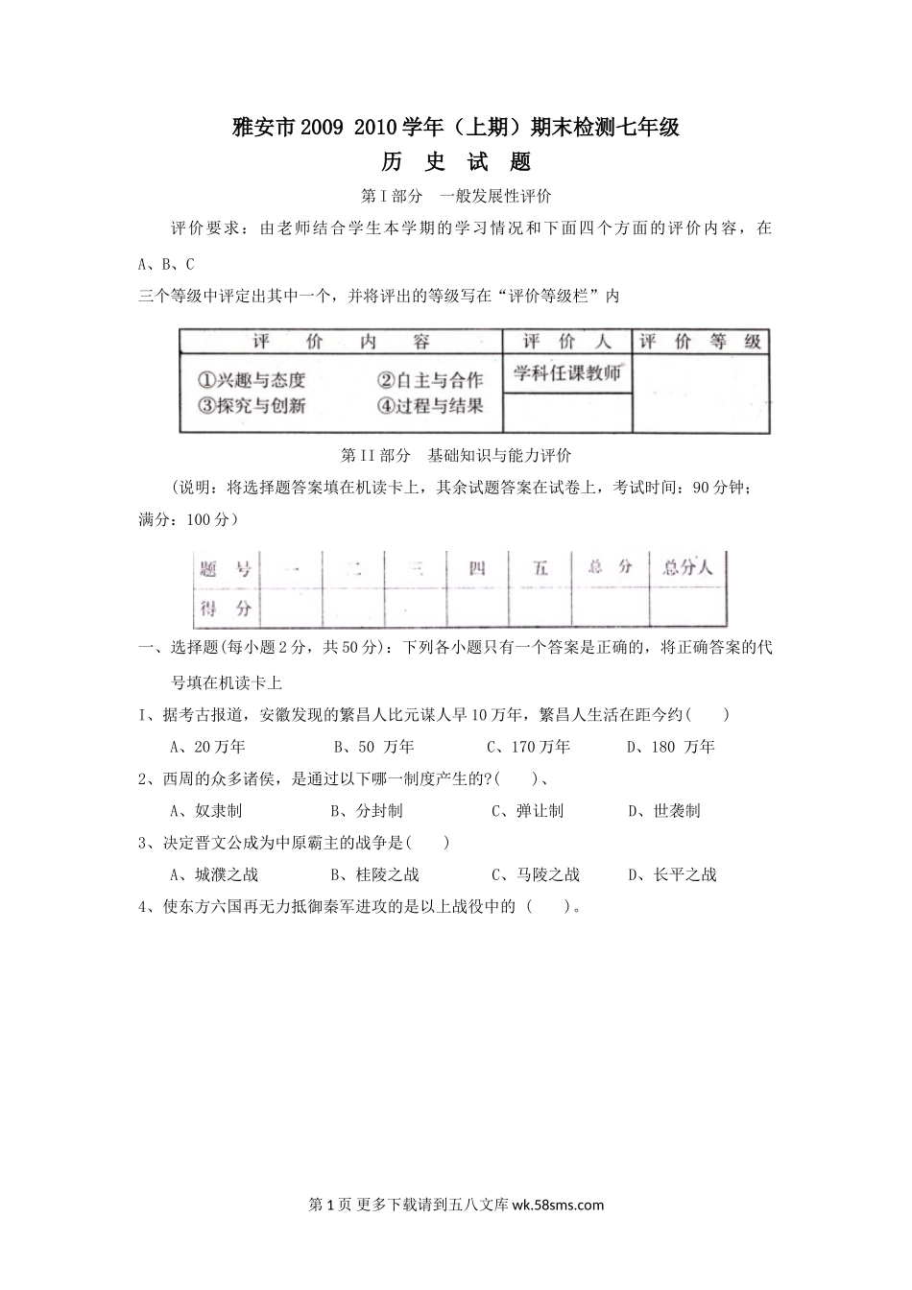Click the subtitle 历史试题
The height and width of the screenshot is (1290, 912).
[456, 161]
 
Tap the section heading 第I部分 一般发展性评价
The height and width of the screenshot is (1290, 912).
[456, 196]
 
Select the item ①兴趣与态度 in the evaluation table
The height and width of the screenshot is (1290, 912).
[251, 380]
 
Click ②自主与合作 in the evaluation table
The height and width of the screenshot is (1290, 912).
[429, 380]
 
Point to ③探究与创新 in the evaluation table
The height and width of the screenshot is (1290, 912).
[251, 405]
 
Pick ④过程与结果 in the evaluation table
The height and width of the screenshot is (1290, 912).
[429, 405]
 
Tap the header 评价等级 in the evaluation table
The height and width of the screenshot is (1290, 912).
[701, 342]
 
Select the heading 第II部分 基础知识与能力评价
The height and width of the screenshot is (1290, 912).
[456, 455]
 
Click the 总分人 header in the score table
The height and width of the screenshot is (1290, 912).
[687, 567]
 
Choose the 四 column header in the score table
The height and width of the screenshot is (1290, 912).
[476, 568]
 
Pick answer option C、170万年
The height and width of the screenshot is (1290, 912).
[528, 747]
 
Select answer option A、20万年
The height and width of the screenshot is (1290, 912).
[207, 747]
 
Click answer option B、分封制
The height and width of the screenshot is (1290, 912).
[366, 811]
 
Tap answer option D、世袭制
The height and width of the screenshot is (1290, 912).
[664, 811]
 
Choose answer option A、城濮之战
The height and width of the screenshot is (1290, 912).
[214, 874]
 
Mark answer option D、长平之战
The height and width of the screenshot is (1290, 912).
[672, 874]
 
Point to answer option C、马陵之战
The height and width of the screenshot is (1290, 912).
[536, 874]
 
